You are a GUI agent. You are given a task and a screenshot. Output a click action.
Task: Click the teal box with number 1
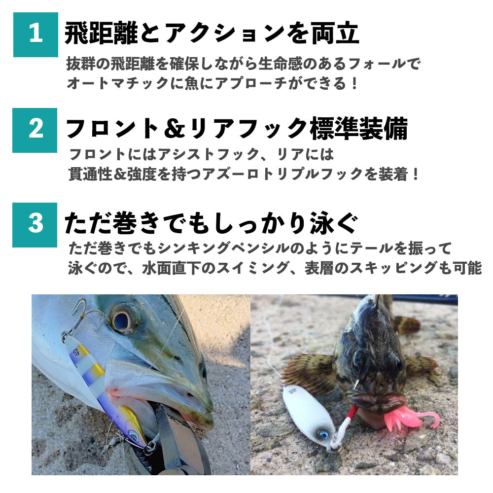tap(35, 35)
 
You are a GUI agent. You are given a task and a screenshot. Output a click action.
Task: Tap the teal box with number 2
tap(35, 130)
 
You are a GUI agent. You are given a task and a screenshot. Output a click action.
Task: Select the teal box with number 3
tap(35, 225)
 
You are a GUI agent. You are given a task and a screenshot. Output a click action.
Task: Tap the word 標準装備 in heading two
tap(359, 128)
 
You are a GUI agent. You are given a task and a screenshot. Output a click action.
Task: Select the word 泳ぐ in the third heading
tap(334, 223)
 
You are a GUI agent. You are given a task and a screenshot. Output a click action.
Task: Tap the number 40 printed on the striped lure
tap(76, 352)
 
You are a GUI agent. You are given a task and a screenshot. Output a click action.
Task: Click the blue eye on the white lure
tap(323, 434)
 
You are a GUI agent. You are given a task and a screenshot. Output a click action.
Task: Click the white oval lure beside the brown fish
tap(308, 415)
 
